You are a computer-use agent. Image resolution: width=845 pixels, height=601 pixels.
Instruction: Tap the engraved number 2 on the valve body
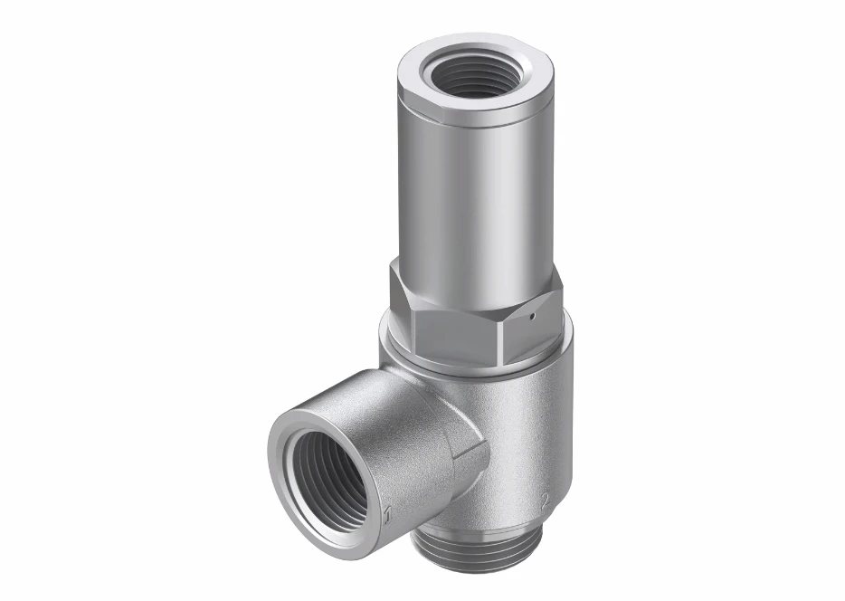point(545,499)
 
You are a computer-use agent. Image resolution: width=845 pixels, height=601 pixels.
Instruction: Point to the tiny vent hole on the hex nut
point(533,317)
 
